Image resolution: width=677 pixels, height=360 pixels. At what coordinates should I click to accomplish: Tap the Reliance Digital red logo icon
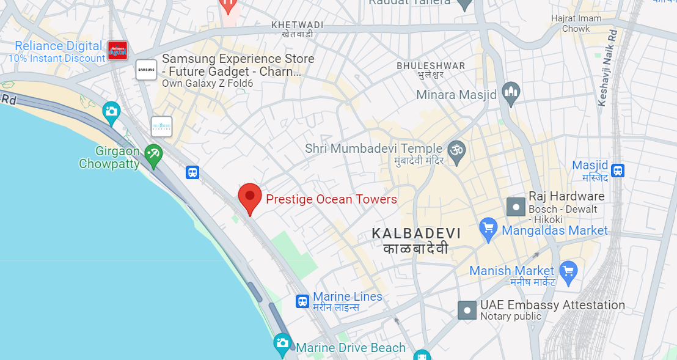click(117, 51)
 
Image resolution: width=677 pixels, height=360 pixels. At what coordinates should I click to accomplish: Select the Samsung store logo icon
click(147, 70)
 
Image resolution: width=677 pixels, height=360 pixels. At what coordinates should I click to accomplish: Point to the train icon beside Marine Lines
click(302, 301)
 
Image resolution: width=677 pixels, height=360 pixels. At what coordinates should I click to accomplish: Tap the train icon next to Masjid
click(618, 171)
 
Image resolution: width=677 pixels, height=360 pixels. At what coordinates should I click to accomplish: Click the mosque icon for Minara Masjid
click(510, 93)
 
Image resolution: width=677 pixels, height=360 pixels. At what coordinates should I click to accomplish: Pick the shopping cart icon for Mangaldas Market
click(488, 229)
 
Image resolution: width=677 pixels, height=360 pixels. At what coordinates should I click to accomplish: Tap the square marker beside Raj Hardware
click(516, 207)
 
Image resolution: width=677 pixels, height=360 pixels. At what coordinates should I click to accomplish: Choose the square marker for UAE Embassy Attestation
click(467, 310)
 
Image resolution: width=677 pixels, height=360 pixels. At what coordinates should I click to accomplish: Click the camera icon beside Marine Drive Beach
click(282, 343)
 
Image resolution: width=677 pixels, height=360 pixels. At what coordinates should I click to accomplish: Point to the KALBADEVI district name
click(416, 234)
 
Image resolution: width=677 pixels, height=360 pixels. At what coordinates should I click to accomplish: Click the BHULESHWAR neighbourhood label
click(430, 66)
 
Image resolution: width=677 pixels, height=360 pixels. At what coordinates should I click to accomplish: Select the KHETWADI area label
click(298, 25)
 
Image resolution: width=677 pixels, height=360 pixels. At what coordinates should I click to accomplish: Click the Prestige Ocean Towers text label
click(331, 199)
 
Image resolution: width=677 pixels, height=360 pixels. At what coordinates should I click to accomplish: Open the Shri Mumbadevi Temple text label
click(373, 149)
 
